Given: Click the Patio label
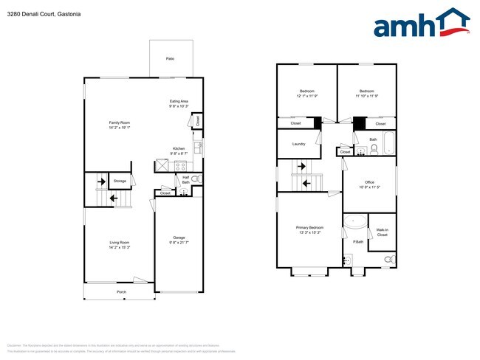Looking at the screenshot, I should pyautogui.click(x=170, y=58).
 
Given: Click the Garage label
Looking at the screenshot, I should pyautogui.click(x=179, y=237).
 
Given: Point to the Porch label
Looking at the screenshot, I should pyautogui.click(x=122, y=292).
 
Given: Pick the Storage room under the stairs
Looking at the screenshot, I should pyautogui.click(x=120, y=180).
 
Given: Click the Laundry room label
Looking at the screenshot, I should pyautogui.click(x=298, y=144).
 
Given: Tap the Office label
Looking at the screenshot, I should pyautogui.click(x=369, y=182).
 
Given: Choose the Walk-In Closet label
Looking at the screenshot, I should pyautogui.click(x=382, y=232).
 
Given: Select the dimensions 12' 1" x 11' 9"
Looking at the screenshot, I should pyautogui.click(x=306, y=96).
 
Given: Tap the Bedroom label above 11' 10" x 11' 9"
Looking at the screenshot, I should pyautogui.click(x=367, y=91).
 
